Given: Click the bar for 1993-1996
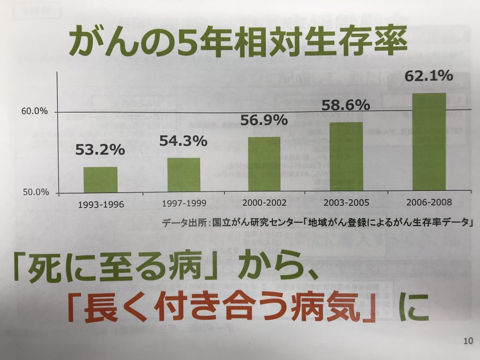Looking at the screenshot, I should pos(100,180).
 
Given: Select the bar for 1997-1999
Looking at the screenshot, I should pos(184,175).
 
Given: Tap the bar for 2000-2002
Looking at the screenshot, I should pos(264,165).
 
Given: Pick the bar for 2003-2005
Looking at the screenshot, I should pos(346,157).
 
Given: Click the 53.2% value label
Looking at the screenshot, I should pos(100,150).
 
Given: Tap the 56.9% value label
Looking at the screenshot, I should pos(264,120).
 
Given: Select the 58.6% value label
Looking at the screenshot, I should pos(346,105).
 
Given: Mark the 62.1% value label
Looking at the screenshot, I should pos(428,75).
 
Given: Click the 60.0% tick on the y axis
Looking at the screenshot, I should pos(35,112).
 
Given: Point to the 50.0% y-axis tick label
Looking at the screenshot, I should pos(35,193).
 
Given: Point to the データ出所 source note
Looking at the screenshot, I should pos(316,222).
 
